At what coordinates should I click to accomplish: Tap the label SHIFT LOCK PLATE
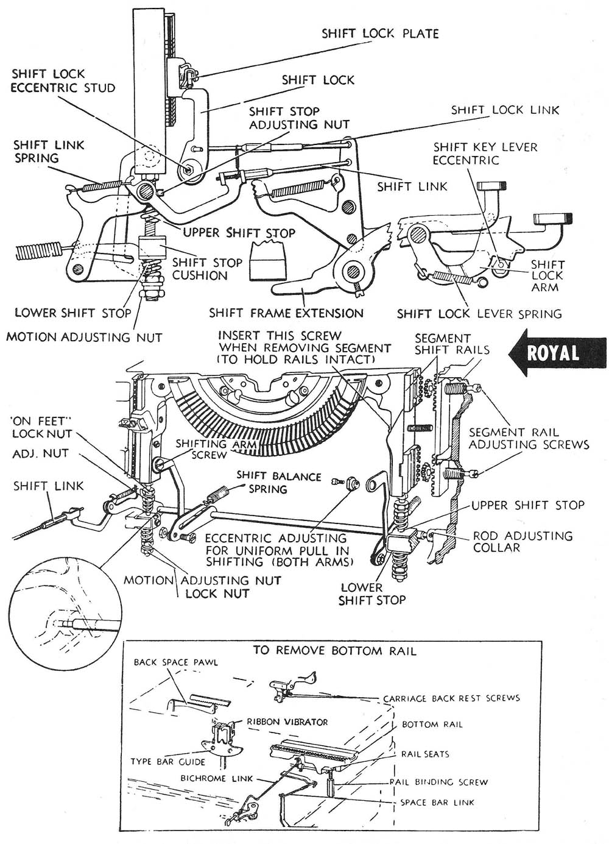380,33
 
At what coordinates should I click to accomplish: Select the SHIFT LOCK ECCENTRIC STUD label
63,81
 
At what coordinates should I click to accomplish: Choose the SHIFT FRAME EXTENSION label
286,313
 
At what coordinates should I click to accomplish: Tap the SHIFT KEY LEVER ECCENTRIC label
485,154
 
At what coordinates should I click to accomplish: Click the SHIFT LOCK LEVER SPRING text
479,314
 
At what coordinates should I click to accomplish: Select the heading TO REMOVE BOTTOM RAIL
334,651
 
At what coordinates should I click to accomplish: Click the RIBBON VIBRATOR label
287,722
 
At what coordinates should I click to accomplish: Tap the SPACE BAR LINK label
437,802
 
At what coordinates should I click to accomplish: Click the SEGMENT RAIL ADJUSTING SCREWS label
529,439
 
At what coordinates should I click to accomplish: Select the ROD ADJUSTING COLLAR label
523,541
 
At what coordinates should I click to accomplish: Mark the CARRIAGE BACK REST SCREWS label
451,698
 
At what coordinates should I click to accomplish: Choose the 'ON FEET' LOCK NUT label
41,427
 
